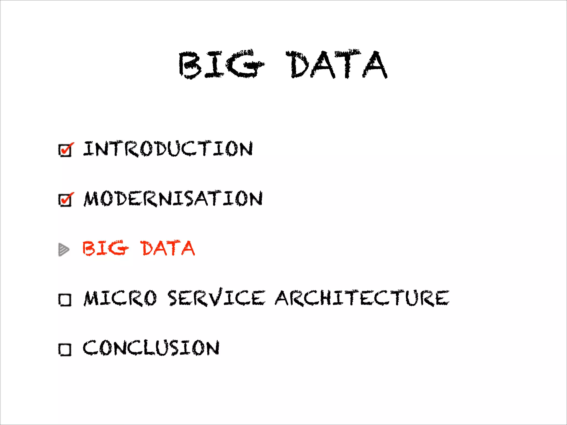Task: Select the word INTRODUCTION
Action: coord(168,149)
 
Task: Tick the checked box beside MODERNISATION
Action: coord(65,200)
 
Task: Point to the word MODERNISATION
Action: coord(173,198)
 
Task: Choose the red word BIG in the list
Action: coord(105,248)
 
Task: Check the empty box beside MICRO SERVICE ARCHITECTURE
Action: coord(65,300)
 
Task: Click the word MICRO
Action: coord(120,298)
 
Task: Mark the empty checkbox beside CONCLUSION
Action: coord(65,349)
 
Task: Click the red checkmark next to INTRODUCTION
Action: coord(68,148)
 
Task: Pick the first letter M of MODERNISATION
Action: coord(91,199)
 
